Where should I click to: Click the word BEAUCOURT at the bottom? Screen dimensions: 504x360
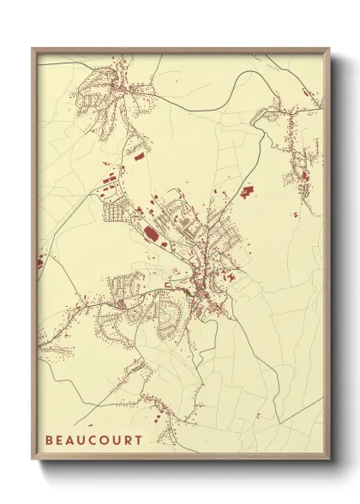[94, 440]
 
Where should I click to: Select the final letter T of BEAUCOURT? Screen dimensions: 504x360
[140, 440]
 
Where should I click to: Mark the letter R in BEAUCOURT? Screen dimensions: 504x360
[129, 440]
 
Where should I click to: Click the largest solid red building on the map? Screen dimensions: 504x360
[150, 233]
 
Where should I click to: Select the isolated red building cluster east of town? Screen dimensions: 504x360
[248, 192]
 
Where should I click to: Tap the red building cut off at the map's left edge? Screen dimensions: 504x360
[40, 261]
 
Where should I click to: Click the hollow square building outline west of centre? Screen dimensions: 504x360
[169, 285]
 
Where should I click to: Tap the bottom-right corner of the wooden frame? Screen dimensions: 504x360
[329, 461]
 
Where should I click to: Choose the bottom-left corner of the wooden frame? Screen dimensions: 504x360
[33, 461]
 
